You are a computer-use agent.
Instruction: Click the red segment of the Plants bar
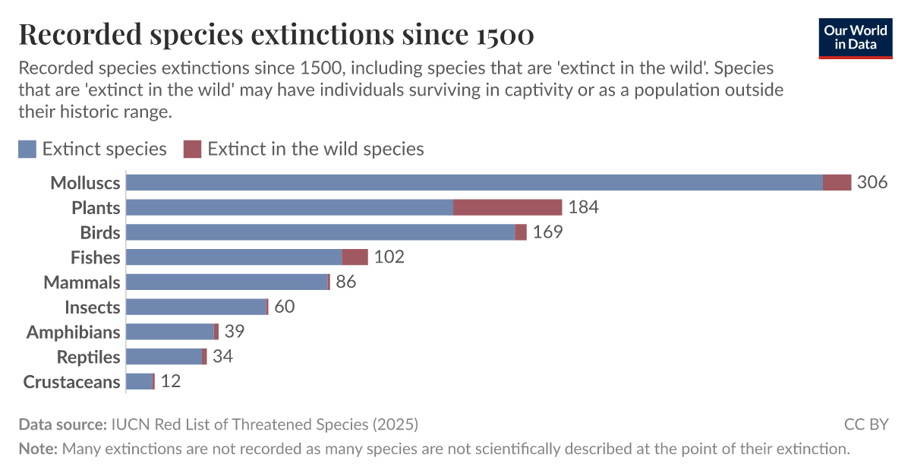507,207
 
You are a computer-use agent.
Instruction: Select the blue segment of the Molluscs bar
474,182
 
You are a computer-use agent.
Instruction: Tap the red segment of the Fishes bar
355,257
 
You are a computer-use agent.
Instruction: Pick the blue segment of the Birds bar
320,232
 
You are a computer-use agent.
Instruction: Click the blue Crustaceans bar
139,382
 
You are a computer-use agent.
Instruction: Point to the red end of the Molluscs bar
837,182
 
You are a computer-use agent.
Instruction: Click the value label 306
872,183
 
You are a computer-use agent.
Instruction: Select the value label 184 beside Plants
583,207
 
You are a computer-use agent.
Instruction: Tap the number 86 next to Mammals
345,282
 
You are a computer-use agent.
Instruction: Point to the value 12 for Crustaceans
170,382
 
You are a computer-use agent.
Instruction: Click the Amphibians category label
73,333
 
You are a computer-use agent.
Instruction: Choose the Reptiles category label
88,358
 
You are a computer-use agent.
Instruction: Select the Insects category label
92,307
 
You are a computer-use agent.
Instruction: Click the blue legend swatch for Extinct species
27,149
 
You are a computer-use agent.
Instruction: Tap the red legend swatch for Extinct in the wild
193,149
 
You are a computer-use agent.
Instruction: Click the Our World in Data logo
856,37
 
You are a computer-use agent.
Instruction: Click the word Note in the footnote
37,449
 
